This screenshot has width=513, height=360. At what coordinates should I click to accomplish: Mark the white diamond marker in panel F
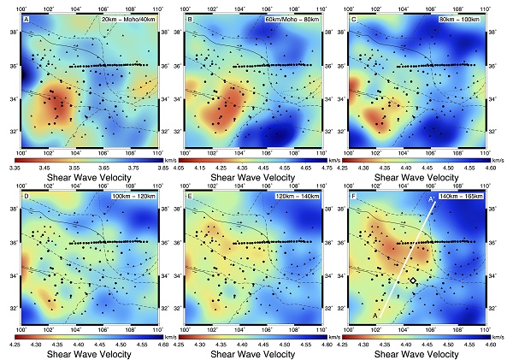pos(413,280)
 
